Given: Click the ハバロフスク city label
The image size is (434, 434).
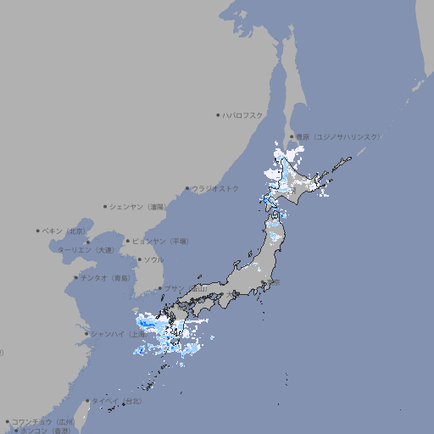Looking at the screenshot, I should pos(243,115).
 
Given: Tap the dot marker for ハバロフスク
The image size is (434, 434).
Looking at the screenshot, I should pos(218,115).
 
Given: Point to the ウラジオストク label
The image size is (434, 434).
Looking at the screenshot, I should pos(216,188).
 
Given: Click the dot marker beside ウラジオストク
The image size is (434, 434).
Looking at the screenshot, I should pos(187,188).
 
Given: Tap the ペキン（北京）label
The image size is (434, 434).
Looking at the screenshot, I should pos(65,231).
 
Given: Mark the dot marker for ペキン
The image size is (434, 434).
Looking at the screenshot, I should pos(38,231).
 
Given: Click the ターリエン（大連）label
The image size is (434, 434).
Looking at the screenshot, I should pos(86,250).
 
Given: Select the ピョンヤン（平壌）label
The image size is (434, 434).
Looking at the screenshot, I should pos(161,241).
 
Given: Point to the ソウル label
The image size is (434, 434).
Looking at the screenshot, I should pos(153,259).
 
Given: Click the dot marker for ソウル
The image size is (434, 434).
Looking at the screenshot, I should pos(139,259).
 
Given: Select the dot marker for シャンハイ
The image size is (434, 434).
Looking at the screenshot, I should pos(86,333).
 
